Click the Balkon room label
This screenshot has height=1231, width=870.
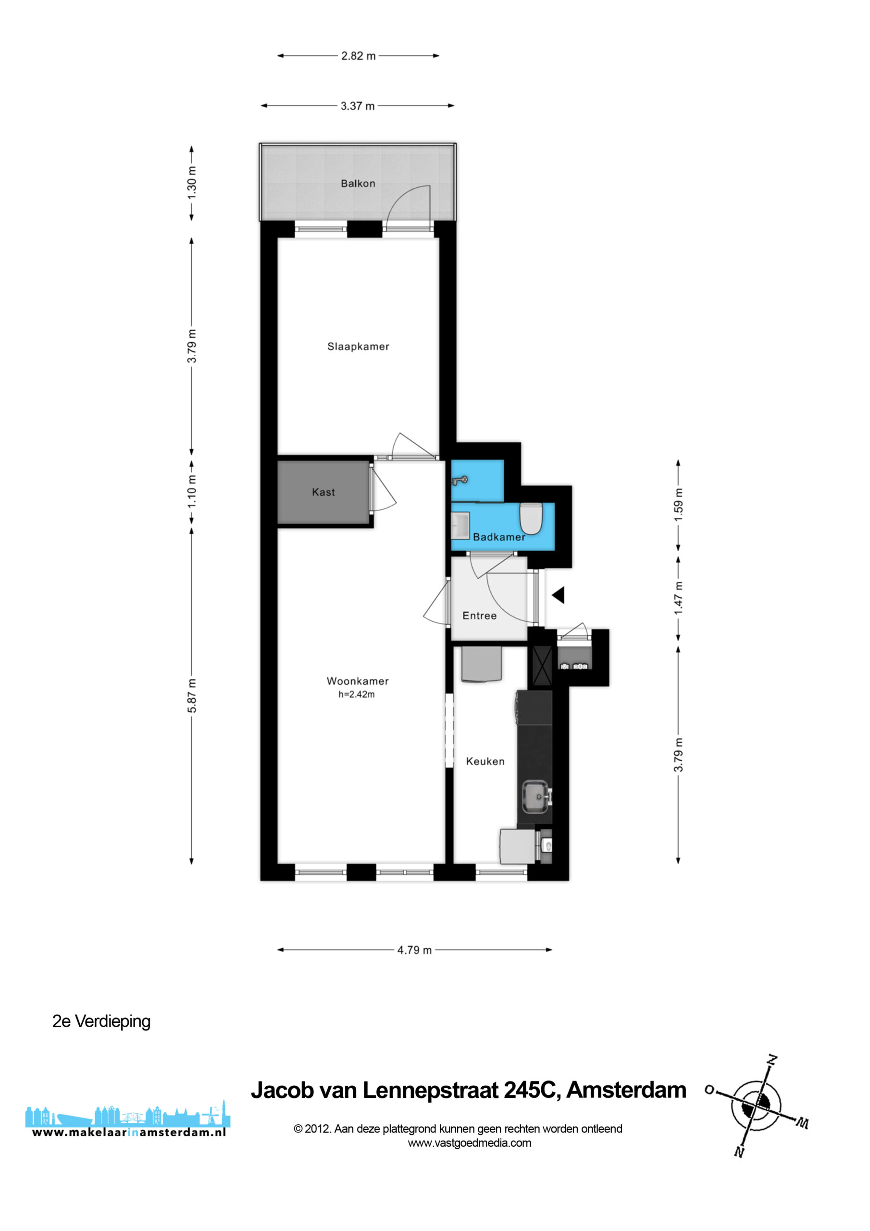click(358, 183)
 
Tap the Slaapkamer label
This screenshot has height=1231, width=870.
click(358, 346)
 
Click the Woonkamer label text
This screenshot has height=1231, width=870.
click(358, 681)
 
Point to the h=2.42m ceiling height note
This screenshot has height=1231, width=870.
click(357, 694)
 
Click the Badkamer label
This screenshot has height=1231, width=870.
click(499, 537)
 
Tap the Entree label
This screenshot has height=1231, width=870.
click(479, 615)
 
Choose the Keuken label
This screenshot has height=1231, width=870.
click(485, 761)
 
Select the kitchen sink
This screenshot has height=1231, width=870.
click(536, 797)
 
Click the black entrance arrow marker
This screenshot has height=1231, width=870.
click(558, 595)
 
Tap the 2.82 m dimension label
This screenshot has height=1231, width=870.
click(359, 56)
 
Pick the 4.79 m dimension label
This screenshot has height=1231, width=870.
click(414, 950)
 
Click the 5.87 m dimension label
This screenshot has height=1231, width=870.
click(192, 695)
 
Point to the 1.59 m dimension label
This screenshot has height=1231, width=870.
click(679, 504)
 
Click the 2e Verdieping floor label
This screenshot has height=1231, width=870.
click(101, 1021)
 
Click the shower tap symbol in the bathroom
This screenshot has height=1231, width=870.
click(460, 480)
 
